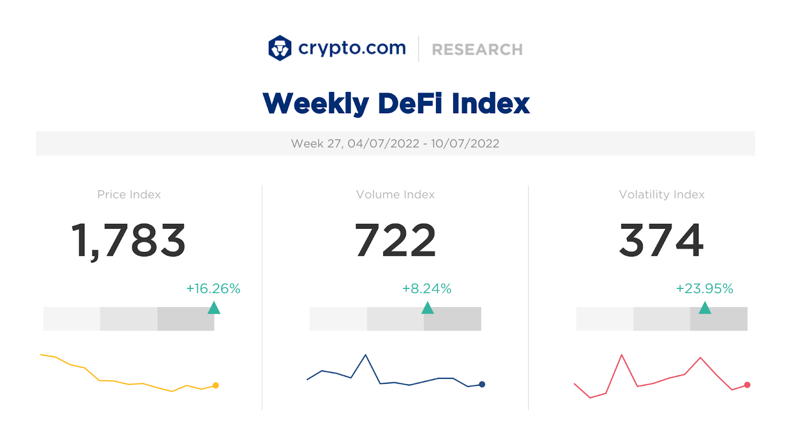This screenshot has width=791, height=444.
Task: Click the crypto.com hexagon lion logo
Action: tap(280, 48)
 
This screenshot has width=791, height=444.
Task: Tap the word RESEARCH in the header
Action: tap(477, 49)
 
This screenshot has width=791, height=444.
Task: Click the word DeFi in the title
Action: tap(409, 104)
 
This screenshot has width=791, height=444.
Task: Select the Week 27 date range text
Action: tap(395, 144)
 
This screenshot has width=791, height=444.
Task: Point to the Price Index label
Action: tap(129, 195)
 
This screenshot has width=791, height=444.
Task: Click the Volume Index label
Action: tap(395, 195)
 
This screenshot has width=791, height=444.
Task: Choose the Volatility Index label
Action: tap(661, 195)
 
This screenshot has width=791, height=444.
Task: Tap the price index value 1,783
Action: tap(129, 241)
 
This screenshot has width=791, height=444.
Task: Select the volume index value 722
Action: tap(395, 241)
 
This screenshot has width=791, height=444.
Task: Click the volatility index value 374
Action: tap(661, 241)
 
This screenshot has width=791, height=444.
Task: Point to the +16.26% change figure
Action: tap(213, 288)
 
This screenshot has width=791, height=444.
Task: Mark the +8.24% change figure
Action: tap(427, 288)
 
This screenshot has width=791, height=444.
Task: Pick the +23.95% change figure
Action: tap(704, 288)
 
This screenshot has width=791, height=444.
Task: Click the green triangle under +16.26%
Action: tap(214, 309)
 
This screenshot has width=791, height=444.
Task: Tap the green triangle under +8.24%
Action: tap(428, 309)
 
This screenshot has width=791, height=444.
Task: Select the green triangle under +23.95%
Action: tap(705, 309)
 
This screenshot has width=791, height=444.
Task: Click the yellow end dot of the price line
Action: tap(216, 385)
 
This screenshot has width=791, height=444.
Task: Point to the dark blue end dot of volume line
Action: tap(482, 384)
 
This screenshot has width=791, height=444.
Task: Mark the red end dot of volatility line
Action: tap(747, 385)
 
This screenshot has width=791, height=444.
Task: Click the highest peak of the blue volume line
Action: tap(365, 355)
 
